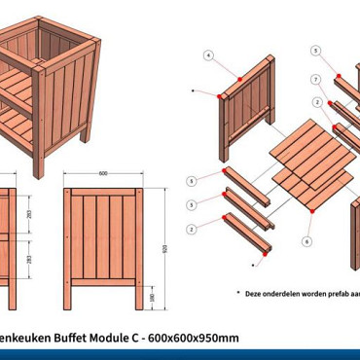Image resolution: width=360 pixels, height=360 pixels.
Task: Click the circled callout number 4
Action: tap(208, 55)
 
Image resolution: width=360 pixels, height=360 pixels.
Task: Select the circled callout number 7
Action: tap(316, 79)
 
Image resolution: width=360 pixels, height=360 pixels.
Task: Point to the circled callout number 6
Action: tap(307, 240)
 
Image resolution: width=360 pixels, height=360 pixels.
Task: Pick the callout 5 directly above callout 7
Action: tap(315, 50)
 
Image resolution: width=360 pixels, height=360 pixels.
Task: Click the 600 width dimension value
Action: tap(102, 174)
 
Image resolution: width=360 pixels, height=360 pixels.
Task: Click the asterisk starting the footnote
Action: tap(237, 291)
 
